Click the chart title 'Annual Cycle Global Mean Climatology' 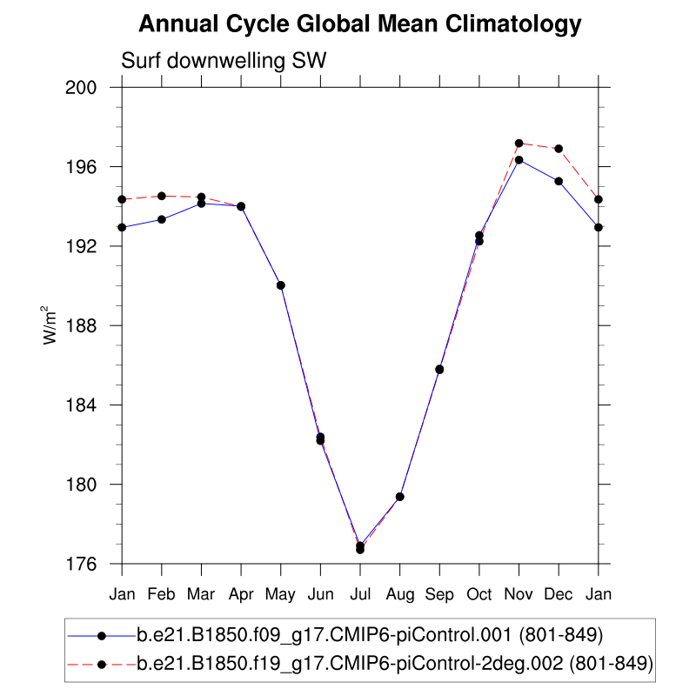(x=359, y=25)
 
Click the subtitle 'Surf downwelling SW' (x=223, y=61)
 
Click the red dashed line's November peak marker (x=519, y=143)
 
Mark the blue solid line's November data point (x=519, y=159)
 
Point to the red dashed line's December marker (x=559, y=148)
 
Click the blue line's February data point (x=162, y=219)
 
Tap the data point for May (x=281, y=285)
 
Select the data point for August (x=400, y=497)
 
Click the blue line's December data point (x=559, y=181)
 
